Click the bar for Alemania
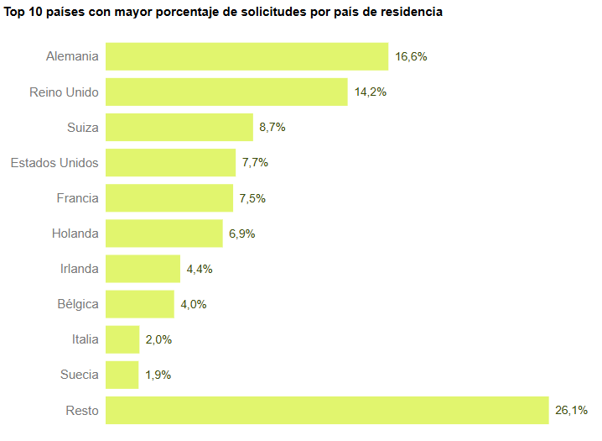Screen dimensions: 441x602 pos(247,56)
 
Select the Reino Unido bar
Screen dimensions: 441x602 pos(226,92)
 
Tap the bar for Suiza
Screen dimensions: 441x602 pos(179,128)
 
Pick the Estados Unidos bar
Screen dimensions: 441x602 pos(170,163)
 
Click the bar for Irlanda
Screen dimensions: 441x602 pos(143,269)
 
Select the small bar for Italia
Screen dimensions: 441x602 pos(122,339)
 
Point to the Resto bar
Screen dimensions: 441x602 pos(327,410)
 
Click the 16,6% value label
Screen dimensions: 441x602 pos(411,57)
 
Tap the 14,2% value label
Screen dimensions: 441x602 pos(370,92)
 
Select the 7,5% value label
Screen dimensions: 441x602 pos(252,198)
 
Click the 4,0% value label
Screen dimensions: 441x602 pos(193,304)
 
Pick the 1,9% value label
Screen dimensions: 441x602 pos(158,375)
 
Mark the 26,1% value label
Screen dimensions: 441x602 pos(571,410)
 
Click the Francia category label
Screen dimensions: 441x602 pos(78,198)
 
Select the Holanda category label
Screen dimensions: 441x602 pos(75,234)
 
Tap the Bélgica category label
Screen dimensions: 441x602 pos(78,304)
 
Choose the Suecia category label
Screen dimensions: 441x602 pos(79,375)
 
